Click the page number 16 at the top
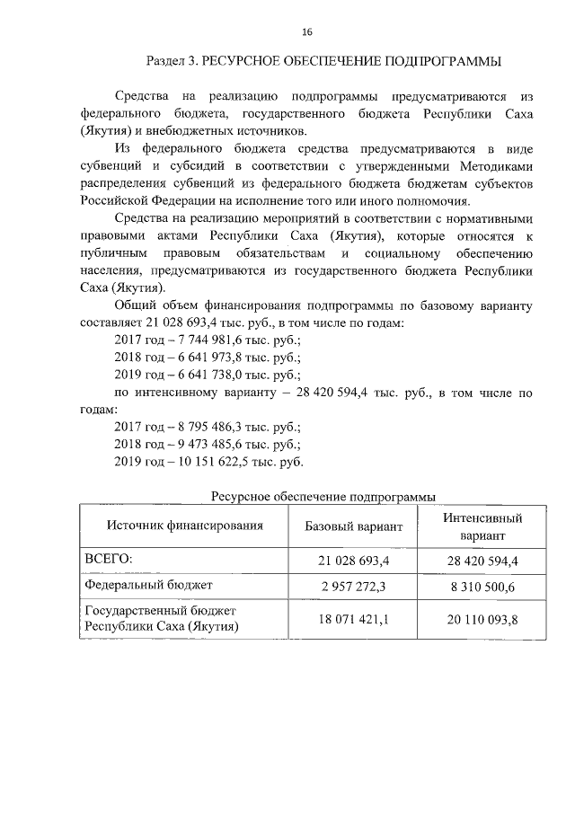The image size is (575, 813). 307,32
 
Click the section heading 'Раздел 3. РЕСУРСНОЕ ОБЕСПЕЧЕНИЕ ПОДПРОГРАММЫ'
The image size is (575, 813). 323,61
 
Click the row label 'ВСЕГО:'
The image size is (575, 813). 108,560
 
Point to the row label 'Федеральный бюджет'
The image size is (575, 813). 147,585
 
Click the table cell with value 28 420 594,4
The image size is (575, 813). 482,561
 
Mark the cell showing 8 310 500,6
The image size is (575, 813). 482,586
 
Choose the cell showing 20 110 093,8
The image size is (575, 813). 482,620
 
